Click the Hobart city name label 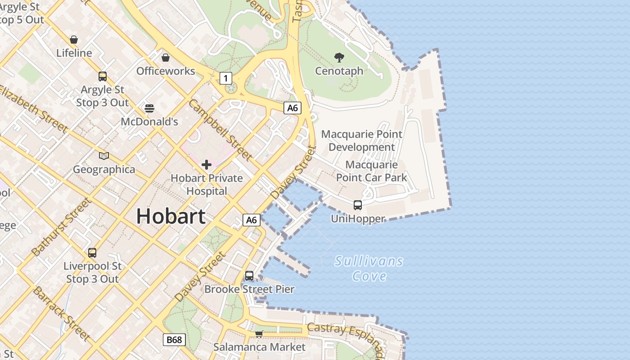(171, 216)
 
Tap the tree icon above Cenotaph (339, 57)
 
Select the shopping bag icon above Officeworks (166, 58)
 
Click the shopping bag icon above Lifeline (74, 40)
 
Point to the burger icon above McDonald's (149, 108)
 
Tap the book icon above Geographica (104, 156)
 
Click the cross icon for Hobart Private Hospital (207, 165)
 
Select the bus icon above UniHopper (358, 205)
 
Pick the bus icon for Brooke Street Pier (249, 276)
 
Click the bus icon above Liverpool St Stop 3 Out (92, 253)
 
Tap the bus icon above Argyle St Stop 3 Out (103, 76)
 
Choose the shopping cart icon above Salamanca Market (259, 334)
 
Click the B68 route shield (174, 339)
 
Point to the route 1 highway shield (225, 78)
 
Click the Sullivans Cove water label (369, 268)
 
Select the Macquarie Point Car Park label (371, 171)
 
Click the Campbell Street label (220, 130)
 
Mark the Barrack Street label (62, 313)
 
